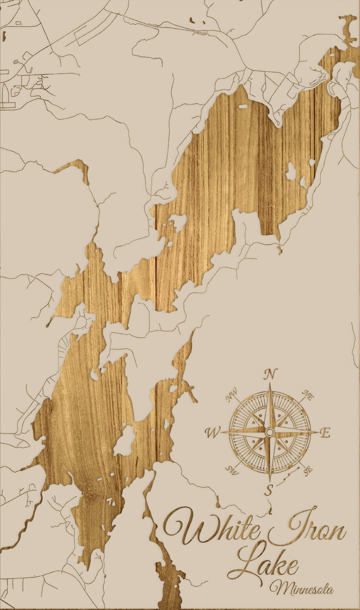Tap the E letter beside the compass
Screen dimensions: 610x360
[x=325, y=433]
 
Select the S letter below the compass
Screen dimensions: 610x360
[x=269, y=490]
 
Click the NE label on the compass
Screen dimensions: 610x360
[x=308, y=396]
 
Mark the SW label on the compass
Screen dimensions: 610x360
[x=231, y=469]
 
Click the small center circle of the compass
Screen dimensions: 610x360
[x=269, y=432]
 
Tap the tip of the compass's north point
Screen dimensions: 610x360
[x=270, y=384]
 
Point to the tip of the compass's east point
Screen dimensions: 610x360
[x=317, y=431]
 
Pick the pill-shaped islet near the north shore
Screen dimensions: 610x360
[x=243, y=106]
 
